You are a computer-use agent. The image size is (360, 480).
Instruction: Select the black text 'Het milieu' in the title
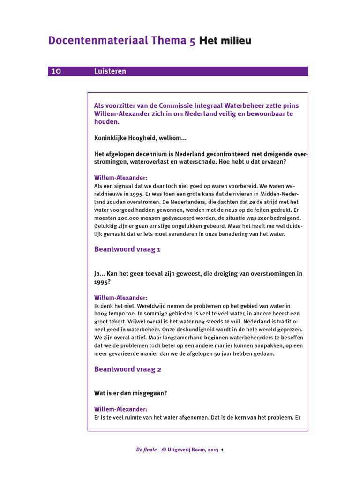(225, 41)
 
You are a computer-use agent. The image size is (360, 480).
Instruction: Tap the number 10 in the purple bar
(56, 71)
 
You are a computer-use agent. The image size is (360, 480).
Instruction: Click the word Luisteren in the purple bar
(110, 71)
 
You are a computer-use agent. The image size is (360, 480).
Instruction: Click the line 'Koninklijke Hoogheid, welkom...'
(140, 138)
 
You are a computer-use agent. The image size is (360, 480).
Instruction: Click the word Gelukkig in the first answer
(105, 226)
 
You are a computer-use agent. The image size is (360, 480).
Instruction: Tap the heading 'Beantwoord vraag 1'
(127, 249)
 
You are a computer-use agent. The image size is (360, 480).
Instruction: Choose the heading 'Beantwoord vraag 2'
(127, 369)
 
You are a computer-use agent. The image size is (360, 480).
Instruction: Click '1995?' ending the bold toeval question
(102, 282)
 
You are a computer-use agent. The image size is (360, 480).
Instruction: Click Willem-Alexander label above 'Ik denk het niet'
(120, 298)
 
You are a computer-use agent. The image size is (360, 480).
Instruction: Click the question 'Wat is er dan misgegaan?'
(130, 393)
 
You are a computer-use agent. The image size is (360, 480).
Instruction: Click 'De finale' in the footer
(146, 450)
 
